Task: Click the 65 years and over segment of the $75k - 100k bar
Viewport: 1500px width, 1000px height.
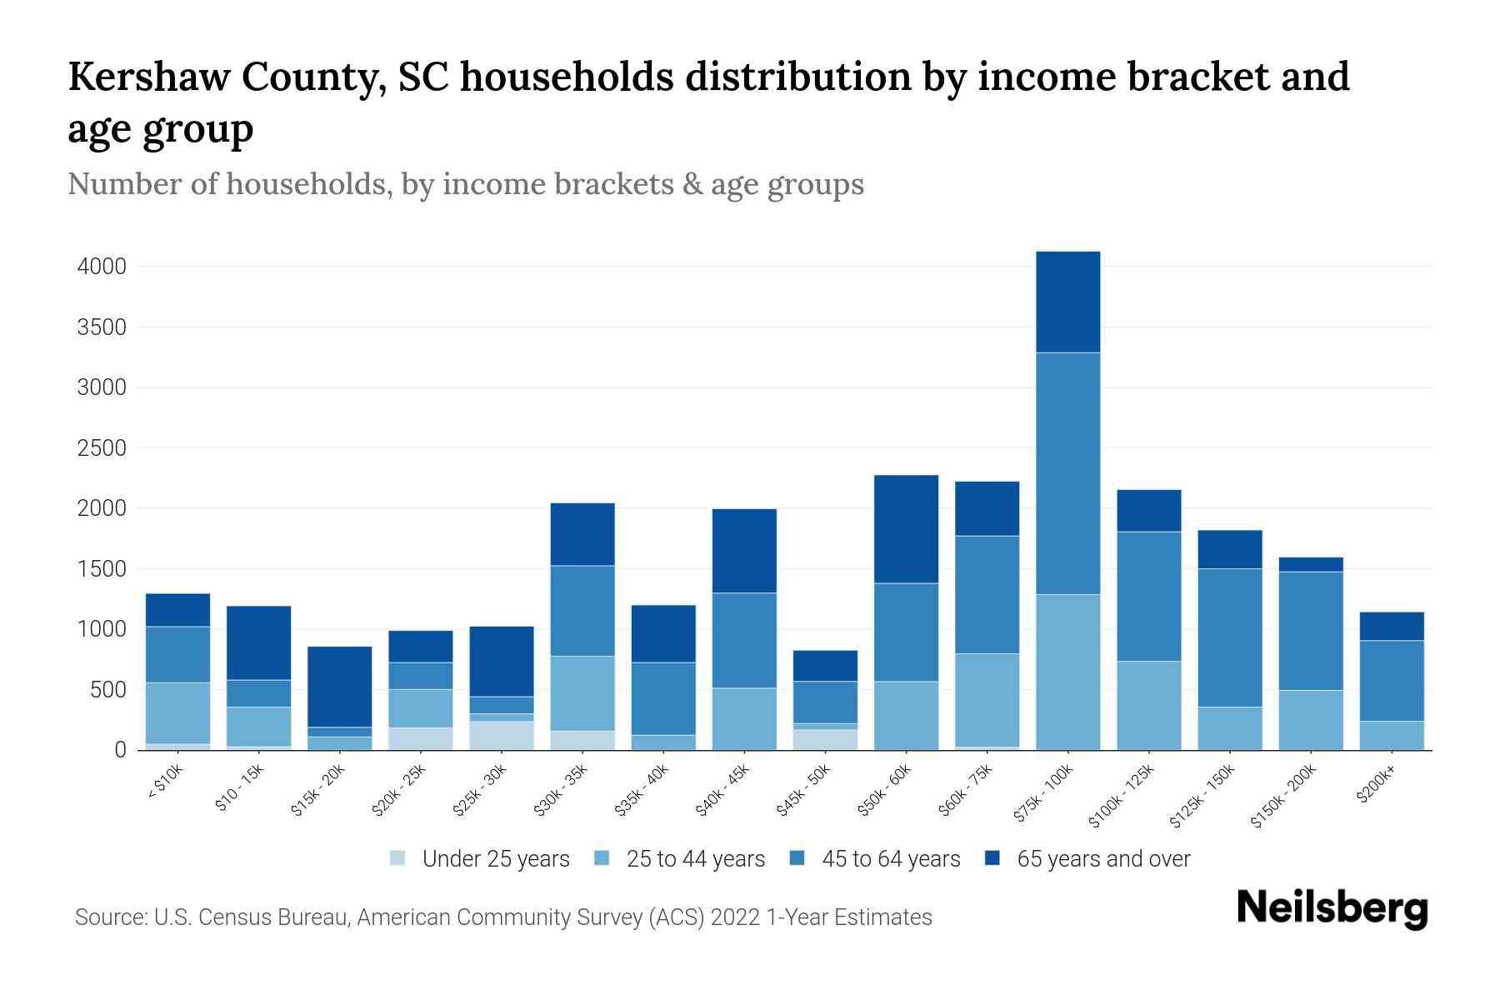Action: [x=1067, y=302]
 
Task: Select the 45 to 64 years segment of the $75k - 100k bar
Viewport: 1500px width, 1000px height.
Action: [x=1067, y=473]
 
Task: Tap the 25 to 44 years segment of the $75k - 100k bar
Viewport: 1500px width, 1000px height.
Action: [x=1067, y=672]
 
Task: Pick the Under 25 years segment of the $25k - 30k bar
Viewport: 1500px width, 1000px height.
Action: [x=502, y=735]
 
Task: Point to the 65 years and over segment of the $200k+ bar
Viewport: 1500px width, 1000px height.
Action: [x=1392, y=626]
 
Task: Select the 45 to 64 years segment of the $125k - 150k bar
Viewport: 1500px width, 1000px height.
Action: [x=1230, y=637]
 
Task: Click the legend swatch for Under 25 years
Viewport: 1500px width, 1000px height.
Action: [x=398, y=858]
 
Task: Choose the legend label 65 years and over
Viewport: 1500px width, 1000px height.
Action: [x=1103, y=859]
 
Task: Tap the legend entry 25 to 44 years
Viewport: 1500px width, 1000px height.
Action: [x=695, y=859]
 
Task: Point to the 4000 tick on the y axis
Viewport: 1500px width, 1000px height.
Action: [x=102, y=267]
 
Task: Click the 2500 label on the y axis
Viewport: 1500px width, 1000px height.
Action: [x=102, y=448]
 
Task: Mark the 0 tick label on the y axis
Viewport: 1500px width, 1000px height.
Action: [x=120, y=750]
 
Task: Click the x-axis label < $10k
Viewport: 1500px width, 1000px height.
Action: [x=166, y=782]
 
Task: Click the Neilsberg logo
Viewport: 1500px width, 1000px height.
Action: [x=1332, y=908]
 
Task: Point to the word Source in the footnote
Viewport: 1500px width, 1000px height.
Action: [x=107, y=917]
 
